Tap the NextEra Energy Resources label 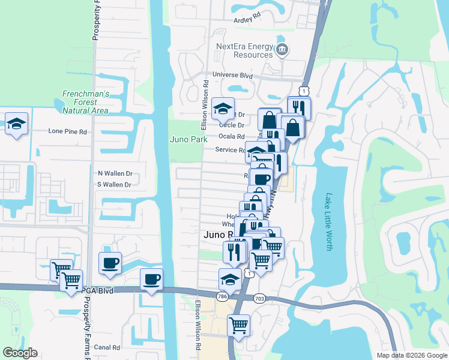point(244,50)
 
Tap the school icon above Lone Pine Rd point(17,125)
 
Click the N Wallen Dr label point(115,173)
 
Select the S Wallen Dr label point(114,185)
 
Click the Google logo point(20,353)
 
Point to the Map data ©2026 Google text point(411,355)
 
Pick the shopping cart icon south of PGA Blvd point(239,325)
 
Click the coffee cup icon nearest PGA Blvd point(151,279)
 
